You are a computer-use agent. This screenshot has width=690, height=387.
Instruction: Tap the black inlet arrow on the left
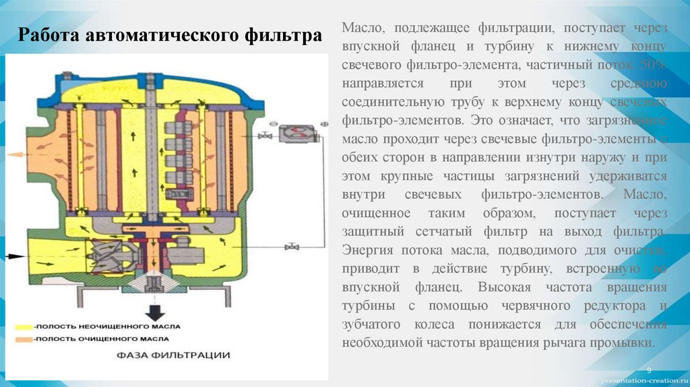click(x=15, y=256)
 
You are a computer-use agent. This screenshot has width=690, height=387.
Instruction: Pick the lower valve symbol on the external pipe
click(x=292, y=247)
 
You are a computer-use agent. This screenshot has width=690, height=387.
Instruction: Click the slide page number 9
click(x=649, y=371)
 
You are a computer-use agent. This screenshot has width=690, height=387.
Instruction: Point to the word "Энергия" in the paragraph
click(x=367, y=251)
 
